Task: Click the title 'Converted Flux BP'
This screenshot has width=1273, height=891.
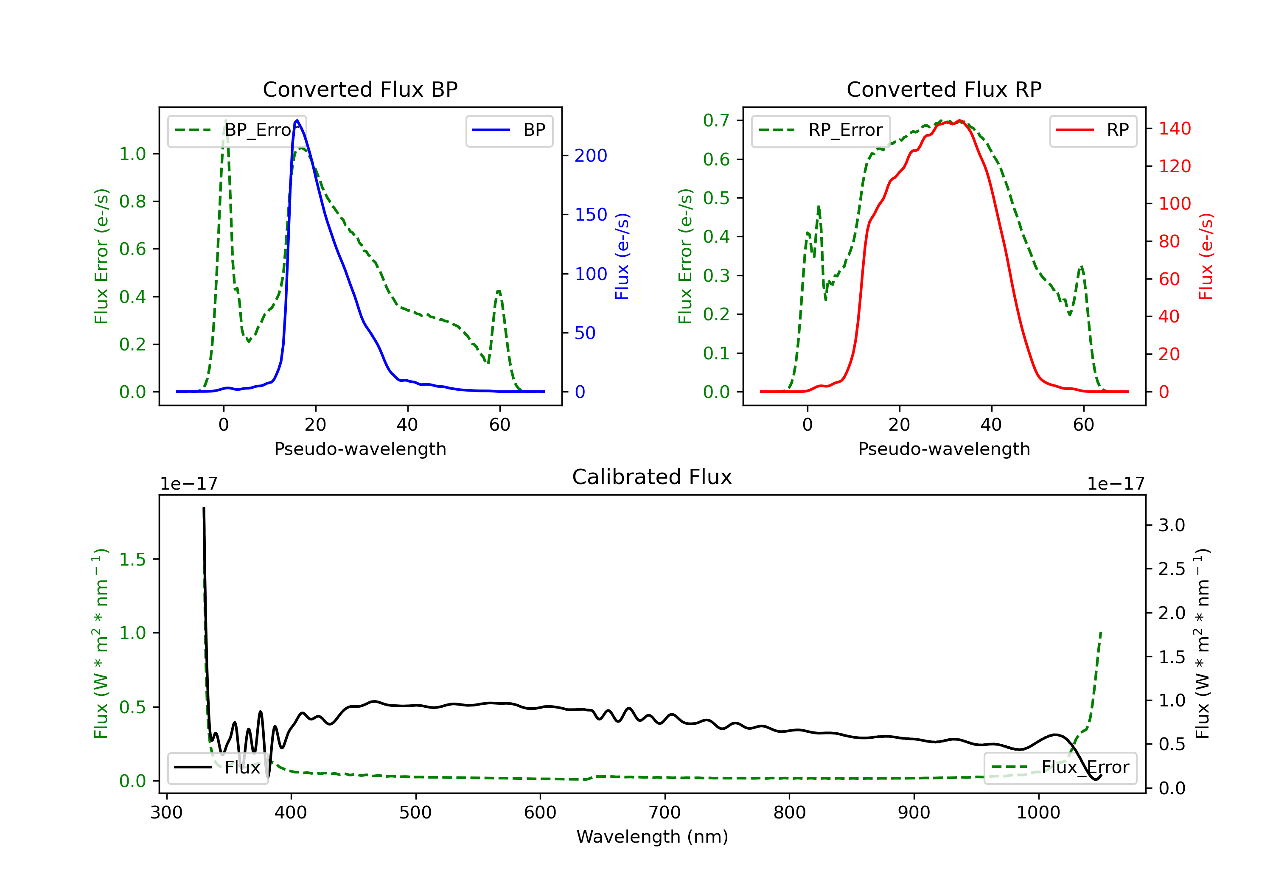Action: point(360,89)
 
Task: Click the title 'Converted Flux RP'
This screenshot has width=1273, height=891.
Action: point(944,89)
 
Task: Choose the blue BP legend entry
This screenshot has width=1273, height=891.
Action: point(509,130)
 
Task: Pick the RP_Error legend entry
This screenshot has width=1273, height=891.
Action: point(821,130)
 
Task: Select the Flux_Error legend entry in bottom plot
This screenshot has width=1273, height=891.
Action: point(1060,768)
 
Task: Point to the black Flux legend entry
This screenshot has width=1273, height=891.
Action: point(218,768)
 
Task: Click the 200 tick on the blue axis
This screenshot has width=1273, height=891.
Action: point(591,156)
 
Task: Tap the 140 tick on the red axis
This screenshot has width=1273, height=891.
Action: point(1174,129)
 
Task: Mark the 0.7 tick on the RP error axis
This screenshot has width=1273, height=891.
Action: point(716,120)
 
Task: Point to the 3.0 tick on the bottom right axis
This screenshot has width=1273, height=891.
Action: point(1172,525)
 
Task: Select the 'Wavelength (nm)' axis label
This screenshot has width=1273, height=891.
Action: point(652,837)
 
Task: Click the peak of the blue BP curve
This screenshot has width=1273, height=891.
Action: point(297,120)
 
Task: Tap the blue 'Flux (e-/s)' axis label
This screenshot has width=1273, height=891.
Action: point(622,256)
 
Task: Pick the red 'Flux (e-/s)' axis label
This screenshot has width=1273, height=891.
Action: point(1206,256)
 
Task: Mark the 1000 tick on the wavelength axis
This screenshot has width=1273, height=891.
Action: point(1038,813)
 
